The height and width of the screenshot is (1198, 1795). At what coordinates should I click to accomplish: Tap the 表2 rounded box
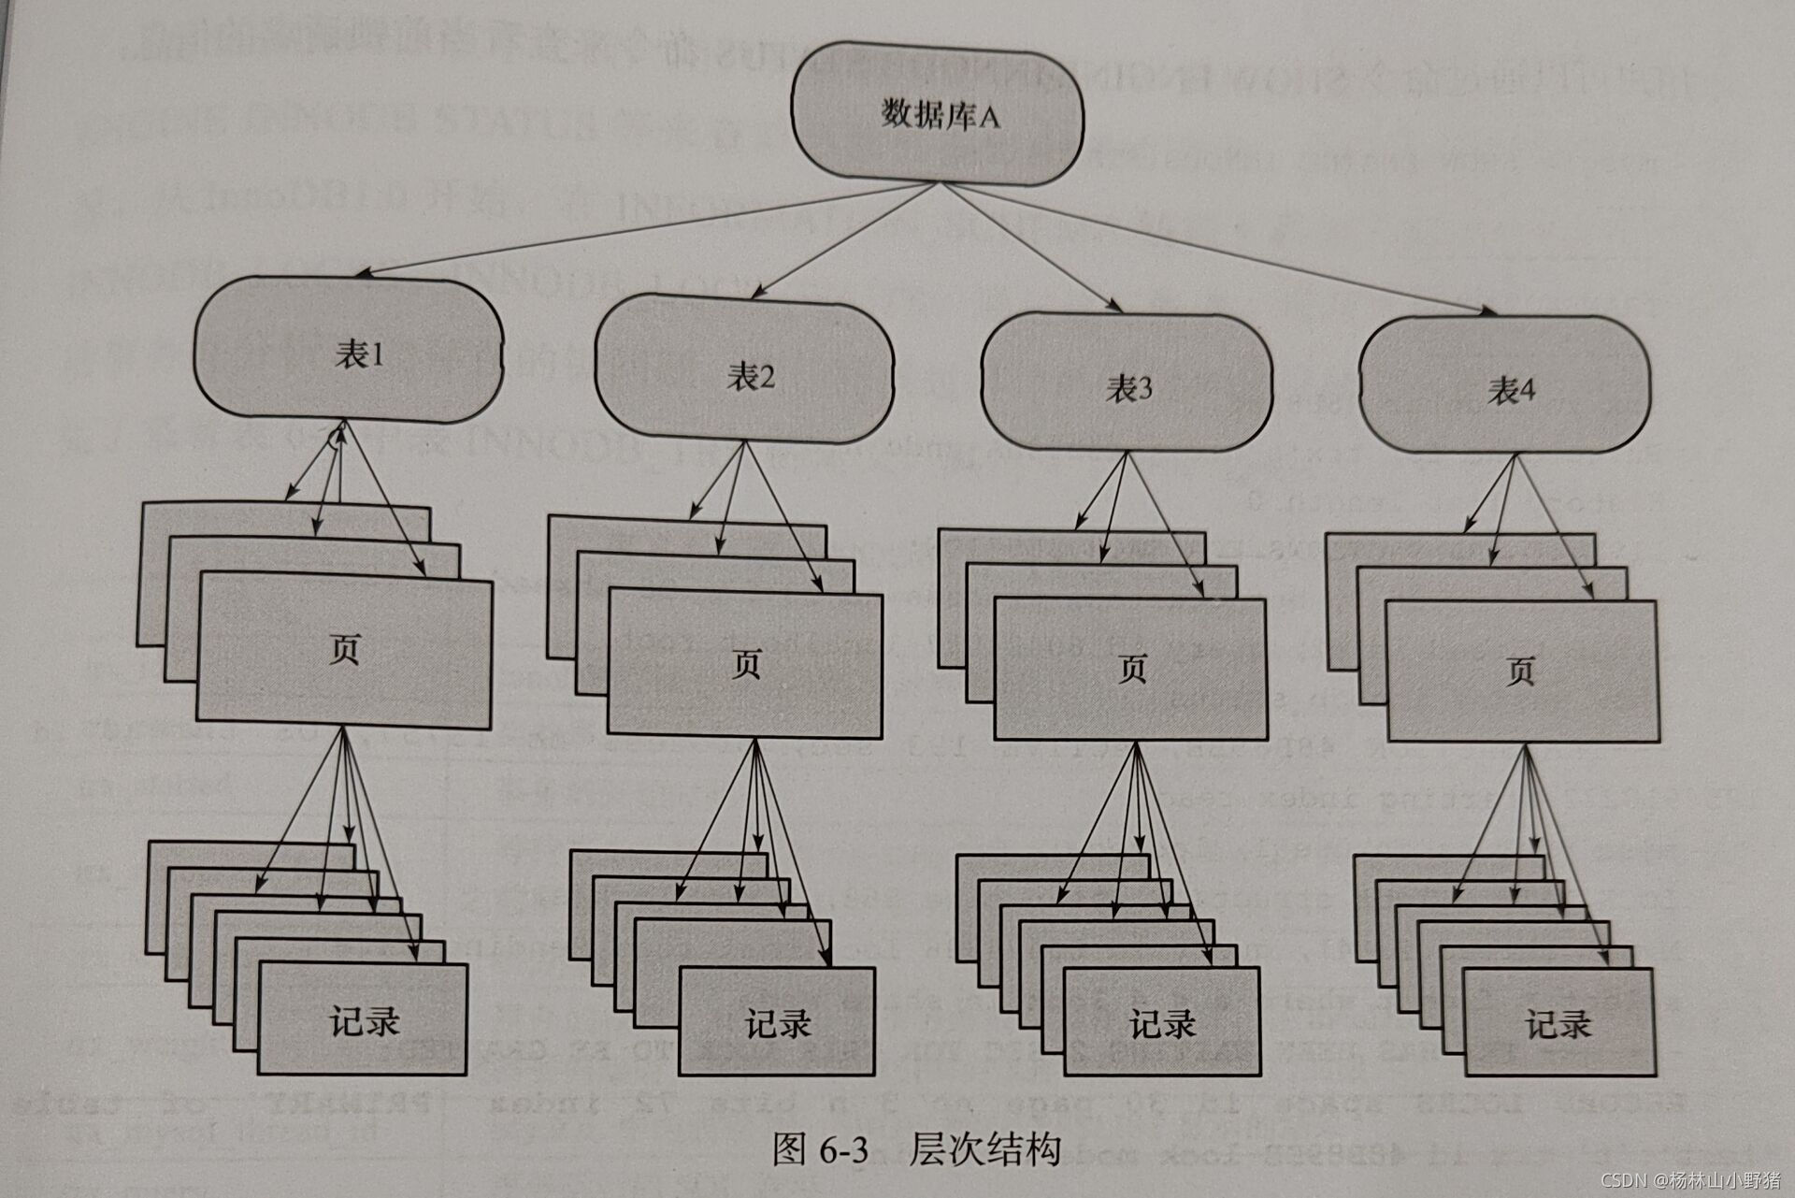tap(743, 374)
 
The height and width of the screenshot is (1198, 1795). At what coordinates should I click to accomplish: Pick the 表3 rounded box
tap(1127, 386)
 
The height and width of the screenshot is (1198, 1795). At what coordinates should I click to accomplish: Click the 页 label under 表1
tap(344, 650)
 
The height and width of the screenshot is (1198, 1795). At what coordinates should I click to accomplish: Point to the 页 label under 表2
tap(745, 664)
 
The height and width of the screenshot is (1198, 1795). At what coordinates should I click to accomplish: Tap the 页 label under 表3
tap(1131, 669)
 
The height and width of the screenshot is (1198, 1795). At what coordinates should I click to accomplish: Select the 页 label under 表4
tap(1520, 671)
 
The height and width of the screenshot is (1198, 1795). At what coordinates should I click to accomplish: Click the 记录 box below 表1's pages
tap(363, 1020)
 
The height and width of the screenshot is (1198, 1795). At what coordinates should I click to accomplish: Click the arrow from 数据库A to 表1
tap(645, 230)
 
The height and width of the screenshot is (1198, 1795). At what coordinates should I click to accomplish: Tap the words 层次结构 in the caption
tap(984, 1148)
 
